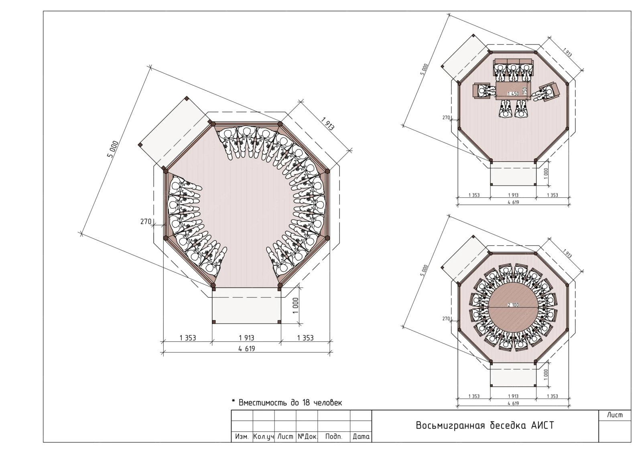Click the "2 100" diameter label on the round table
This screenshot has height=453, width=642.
pyautogui.click(x=513, y=305)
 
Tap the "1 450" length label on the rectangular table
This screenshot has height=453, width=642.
pyautogui.click(x=513, y=94)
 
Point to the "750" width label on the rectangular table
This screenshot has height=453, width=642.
pyautogui.click(x=525, y=91)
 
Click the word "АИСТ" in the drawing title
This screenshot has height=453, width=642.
pyautogui.click(x=542, y=425)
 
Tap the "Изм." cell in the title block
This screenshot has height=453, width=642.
pyautogui.click(x=242, y=437)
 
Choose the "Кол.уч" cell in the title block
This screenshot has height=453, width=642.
pyautogui.click(x=264, y=437)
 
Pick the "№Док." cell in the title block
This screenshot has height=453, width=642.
pyautogui.click(x=307, y=437)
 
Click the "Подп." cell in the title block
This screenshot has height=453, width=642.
pyautogui.click(x=333, y=437)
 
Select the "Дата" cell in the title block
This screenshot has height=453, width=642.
pyautogui.click(x=361, y=437)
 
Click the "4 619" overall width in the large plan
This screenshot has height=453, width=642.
pyautogui.click(x=246, y=348)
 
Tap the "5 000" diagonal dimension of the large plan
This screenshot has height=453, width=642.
pyautogui.click(x=113, y=149)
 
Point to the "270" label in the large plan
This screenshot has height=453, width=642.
pyautogui.click(x=146, y=221)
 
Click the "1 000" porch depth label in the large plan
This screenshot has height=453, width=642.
pyautogui.click(x=296, y=306)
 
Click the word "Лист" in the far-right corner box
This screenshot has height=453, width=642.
pyautogui.click(x=615, y=415)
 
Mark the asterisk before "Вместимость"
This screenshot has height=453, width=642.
pyautogui.click(x=233, y=401)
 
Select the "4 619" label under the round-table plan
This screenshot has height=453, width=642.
pyautogui.click(x=513, y=403)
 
